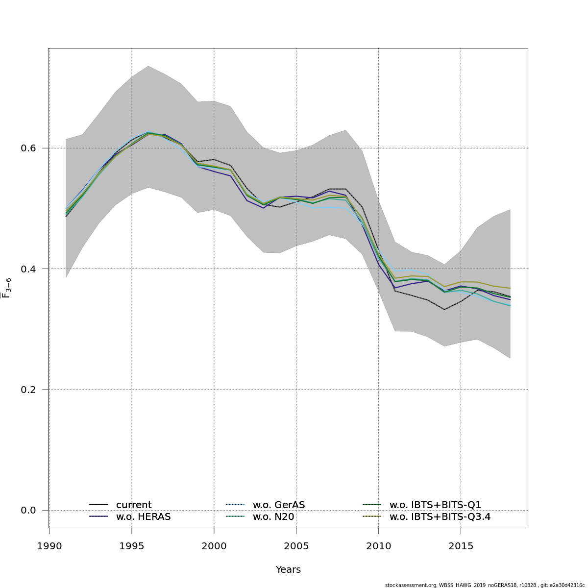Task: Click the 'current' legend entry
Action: (x=134, y=505)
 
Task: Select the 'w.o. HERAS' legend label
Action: (x=143, y=516)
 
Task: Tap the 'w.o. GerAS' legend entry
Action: (x=279, y=505)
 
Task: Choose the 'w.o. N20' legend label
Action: (x=273, y=516)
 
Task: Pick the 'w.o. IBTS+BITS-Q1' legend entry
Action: (x=435, y=505)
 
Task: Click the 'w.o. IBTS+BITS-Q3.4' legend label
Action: (x=440, y=516)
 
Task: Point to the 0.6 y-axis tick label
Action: (x=28, y=148)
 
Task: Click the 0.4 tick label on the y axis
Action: (x=28, y=269)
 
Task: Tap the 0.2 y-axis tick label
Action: (x=28, y=390)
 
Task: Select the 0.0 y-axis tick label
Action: (x=28, y=511)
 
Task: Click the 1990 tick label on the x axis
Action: (x=49, y=546)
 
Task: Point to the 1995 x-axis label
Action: (x=131, y=546)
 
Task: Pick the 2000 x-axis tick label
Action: (x=214, y=546)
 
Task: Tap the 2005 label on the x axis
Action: (x=296, y=546)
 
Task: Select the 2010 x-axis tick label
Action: (x=378, y=546)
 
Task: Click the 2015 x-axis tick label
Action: (x=461, y=546)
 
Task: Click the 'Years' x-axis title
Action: (x=288, y=570)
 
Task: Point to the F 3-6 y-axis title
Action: (x=6, y=288)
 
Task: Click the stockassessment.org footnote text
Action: (x=485, y=585)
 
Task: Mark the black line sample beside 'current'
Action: (x=98, y=505)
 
